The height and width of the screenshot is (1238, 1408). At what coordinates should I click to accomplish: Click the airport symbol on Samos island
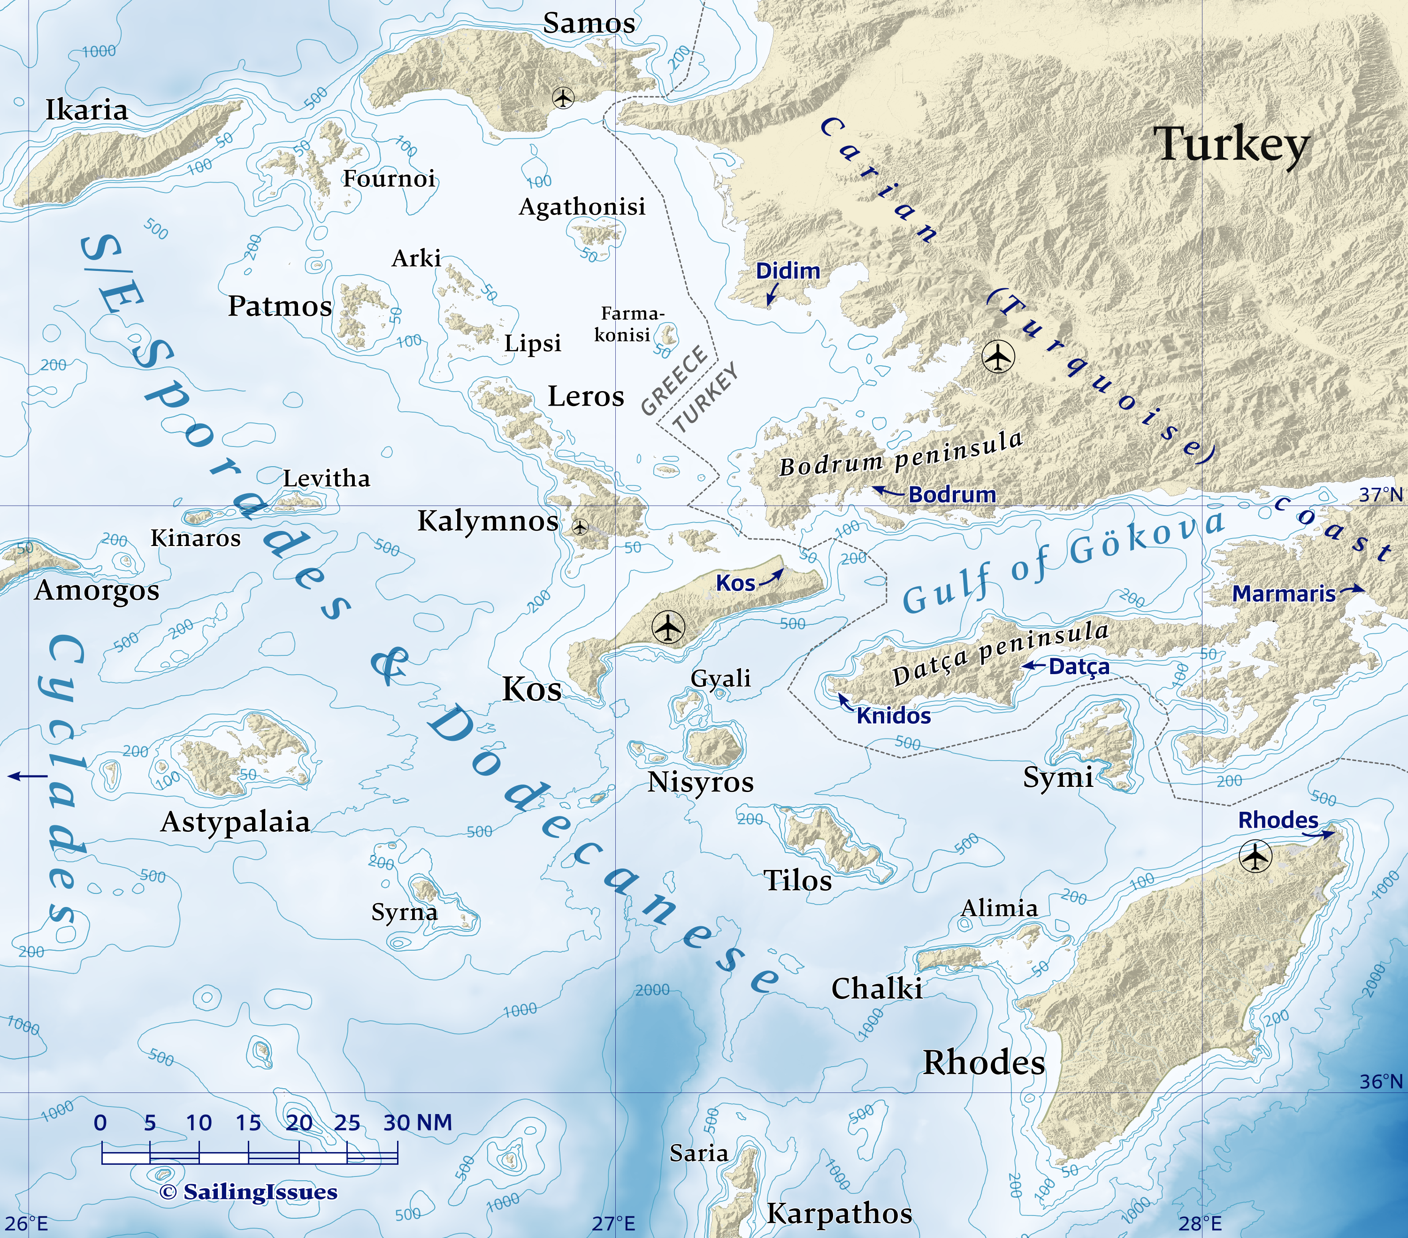(564, 99)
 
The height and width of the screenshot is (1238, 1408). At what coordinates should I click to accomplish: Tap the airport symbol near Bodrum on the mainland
(998, 357)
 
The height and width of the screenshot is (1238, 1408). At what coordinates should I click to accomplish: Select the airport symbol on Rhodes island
(1255, 858)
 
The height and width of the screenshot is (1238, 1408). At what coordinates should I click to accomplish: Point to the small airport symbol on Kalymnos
(580, 528)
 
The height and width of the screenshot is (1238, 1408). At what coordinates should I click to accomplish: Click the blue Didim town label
(788, 271)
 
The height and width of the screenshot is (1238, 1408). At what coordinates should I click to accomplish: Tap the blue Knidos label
(894, 716)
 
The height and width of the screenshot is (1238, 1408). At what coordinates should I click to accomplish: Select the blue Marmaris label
(1283, 593)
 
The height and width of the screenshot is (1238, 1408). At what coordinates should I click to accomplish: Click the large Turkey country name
(1231, 146)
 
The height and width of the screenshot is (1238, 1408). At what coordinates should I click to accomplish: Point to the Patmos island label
(280, 306)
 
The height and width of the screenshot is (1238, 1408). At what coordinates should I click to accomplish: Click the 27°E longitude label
(613, 1223)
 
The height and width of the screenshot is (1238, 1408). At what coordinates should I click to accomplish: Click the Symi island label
(1058, 777)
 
